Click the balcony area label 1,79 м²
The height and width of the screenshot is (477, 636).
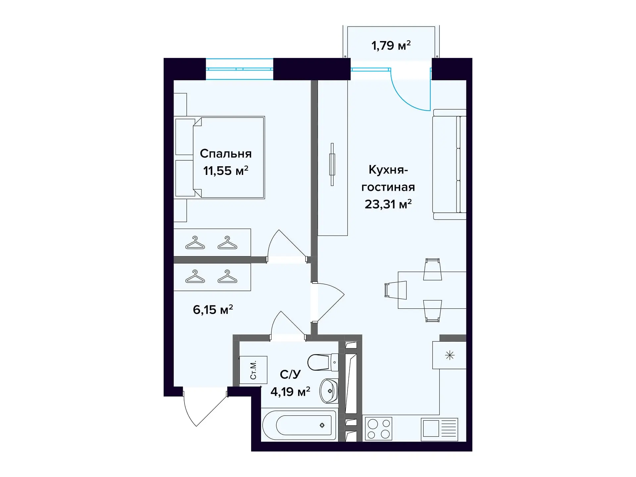(391, 45)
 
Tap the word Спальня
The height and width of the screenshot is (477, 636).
(226, 154)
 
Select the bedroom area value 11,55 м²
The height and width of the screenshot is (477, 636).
(226, 171)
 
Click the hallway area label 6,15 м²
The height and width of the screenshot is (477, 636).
(213, 310)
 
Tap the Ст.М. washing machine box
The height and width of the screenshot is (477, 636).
(253, 370)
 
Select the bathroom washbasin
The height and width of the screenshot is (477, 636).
(329, 391)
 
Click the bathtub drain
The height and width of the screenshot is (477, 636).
(322, 425)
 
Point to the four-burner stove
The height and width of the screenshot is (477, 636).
(379, 429)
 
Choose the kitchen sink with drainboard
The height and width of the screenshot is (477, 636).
(439, 429)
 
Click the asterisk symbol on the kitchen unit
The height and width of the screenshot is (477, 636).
(450, 355)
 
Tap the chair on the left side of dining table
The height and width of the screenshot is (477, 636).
(396, 290)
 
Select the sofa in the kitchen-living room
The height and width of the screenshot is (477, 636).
(450, 164)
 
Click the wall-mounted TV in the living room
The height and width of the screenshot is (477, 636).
(332, 164)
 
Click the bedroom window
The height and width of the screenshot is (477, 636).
(239, 69)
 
